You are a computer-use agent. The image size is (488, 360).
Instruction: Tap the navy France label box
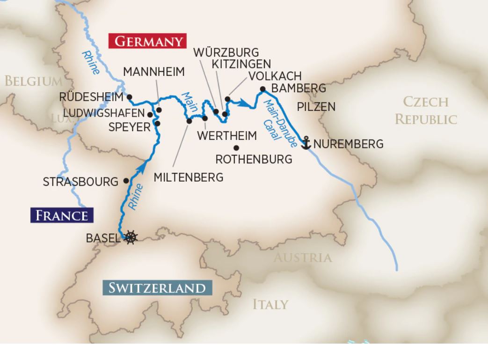click(x=62, y=215)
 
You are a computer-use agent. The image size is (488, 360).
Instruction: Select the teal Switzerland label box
click(x=157, y=287)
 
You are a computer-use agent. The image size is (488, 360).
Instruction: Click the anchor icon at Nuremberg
click(x=306, y=143)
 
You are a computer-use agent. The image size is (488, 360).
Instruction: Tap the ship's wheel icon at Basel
click(x=131, y=237)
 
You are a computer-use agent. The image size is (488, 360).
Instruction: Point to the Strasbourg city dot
click(x=126, y=180)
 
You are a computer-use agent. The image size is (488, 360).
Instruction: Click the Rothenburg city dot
click(x=236, y=148)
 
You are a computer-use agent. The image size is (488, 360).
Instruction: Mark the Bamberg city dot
click(x=263, y=89)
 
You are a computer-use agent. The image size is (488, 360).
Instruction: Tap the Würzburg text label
click(x=226, y=51)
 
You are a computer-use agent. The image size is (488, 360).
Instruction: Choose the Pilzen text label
click(x=316, y=107)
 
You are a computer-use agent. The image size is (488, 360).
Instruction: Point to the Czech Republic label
click(x=426, y=110)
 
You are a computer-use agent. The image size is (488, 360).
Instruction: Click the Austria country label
click(x=302, y=257)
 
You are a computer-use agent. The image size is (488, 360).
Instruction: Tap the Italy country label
click(x=270, y=304)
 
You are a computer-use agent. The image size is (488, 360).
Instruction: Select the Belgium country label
click(x=32, y=81)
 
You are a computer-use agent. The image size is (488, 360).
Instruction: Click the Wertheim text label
click(x=227, y=136)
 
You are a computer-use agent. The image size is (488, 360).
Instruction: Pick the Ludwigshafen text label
click(x=104, y=114)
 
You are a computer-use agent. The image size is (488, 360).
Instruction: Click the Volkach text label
click(x=275, y=76)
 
